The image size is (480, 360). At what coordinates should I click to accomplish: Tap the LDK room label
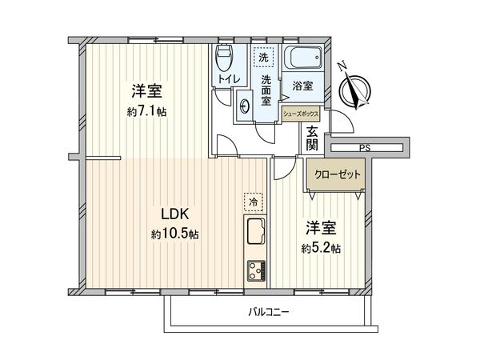(174, 215)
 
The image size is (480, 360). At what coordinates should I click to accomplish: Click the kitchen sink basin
(255, 234)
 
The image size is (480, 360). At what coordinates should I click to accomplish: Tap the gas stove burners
(255, 269)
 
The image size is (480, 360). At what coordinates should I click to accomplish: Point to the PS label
(365, 147)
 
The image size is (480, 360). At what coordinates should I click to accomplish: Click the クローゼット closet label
(337, 174)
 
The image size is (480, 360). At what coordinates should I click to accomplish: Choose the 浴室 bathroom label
(302, 86)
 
